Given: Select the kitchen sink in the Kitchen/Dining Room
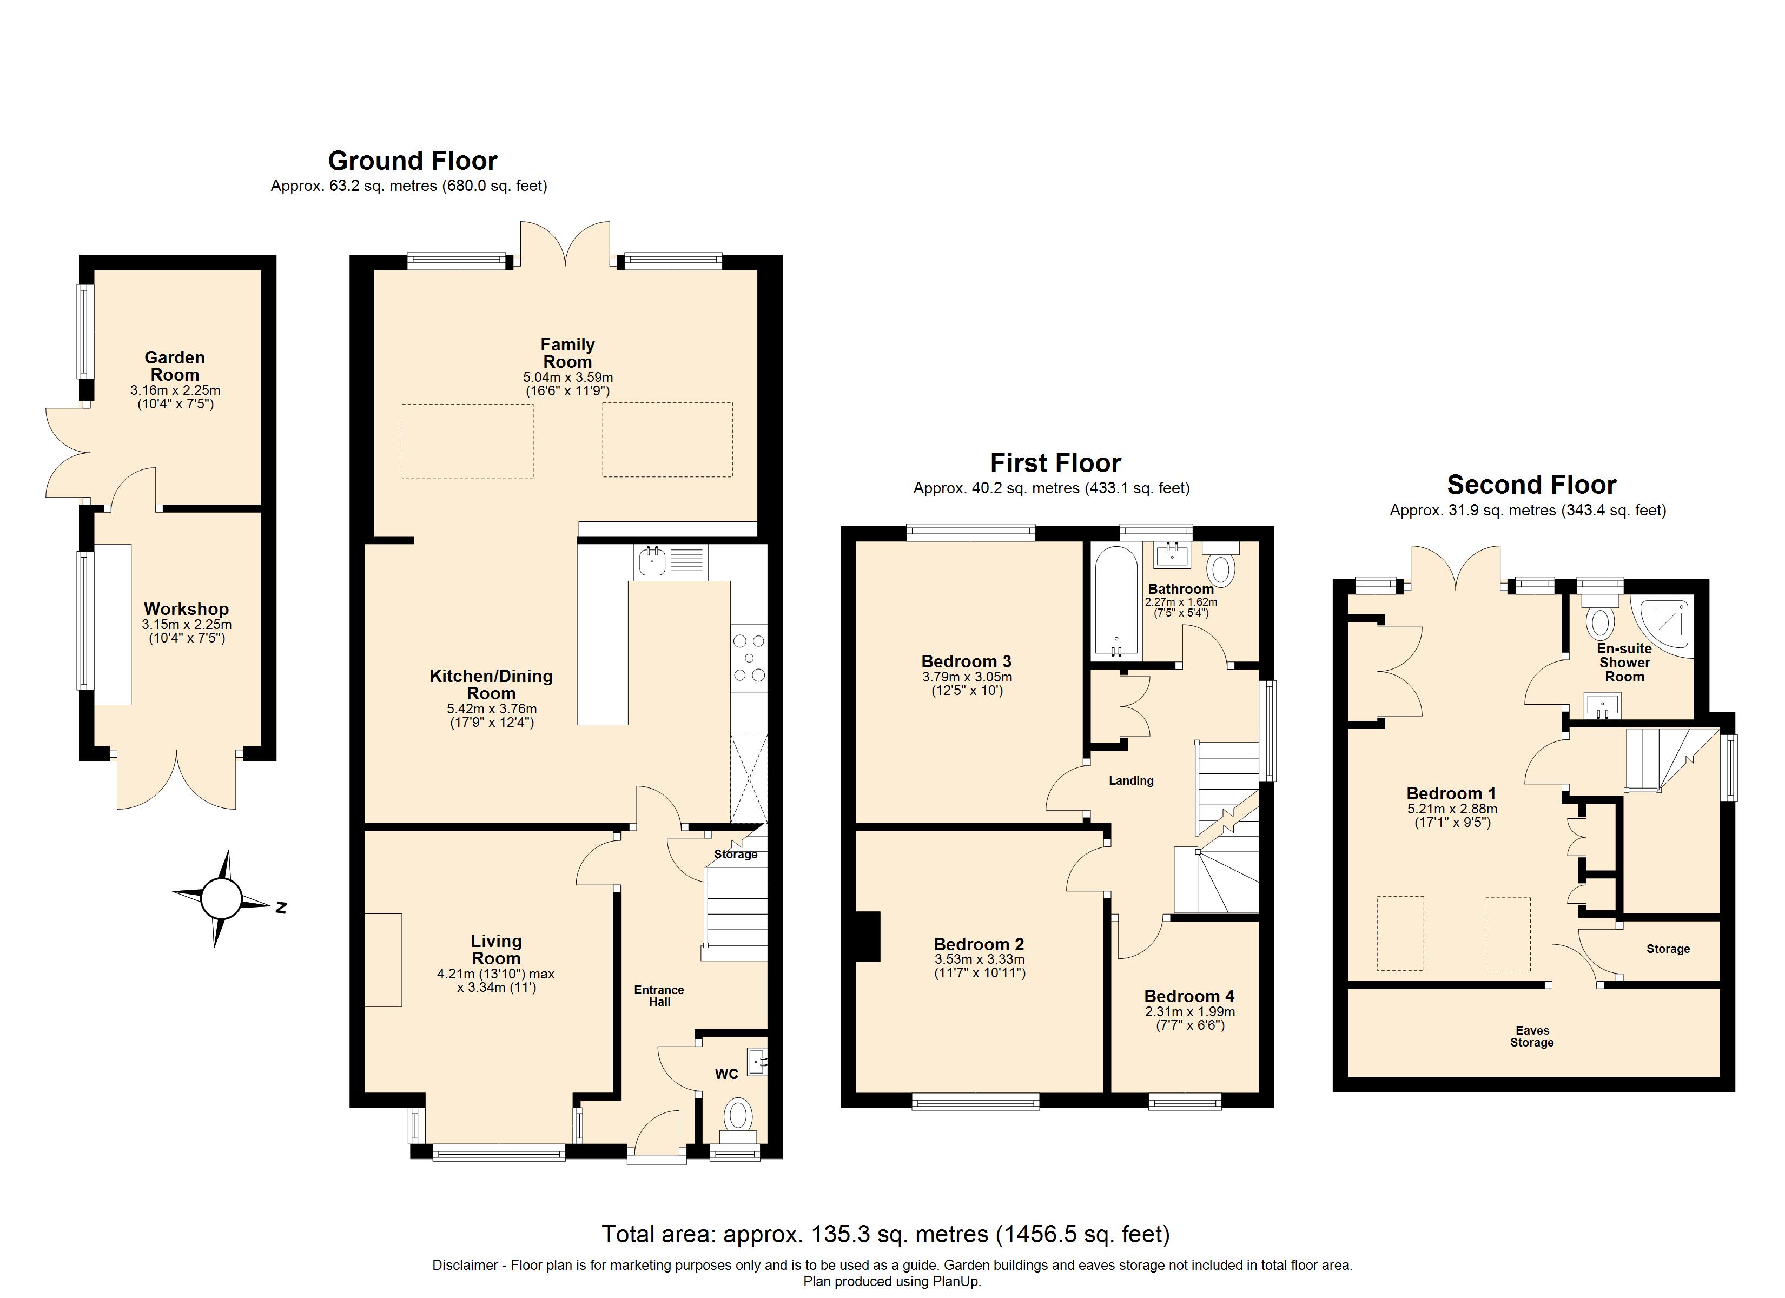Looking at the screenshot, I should click(652, 562).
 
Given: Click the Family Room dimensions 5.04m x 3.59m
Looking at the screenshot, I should click(567, 377).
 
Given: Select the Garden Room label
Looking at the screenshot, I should click(175, 366).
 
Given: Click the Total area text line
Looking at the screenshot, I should click(885, 1234).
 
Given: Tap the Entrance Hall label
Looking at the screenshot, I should click(659, 996).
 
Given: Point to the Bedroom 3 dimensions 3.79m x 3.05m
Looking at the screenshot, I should click(967, 677).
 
